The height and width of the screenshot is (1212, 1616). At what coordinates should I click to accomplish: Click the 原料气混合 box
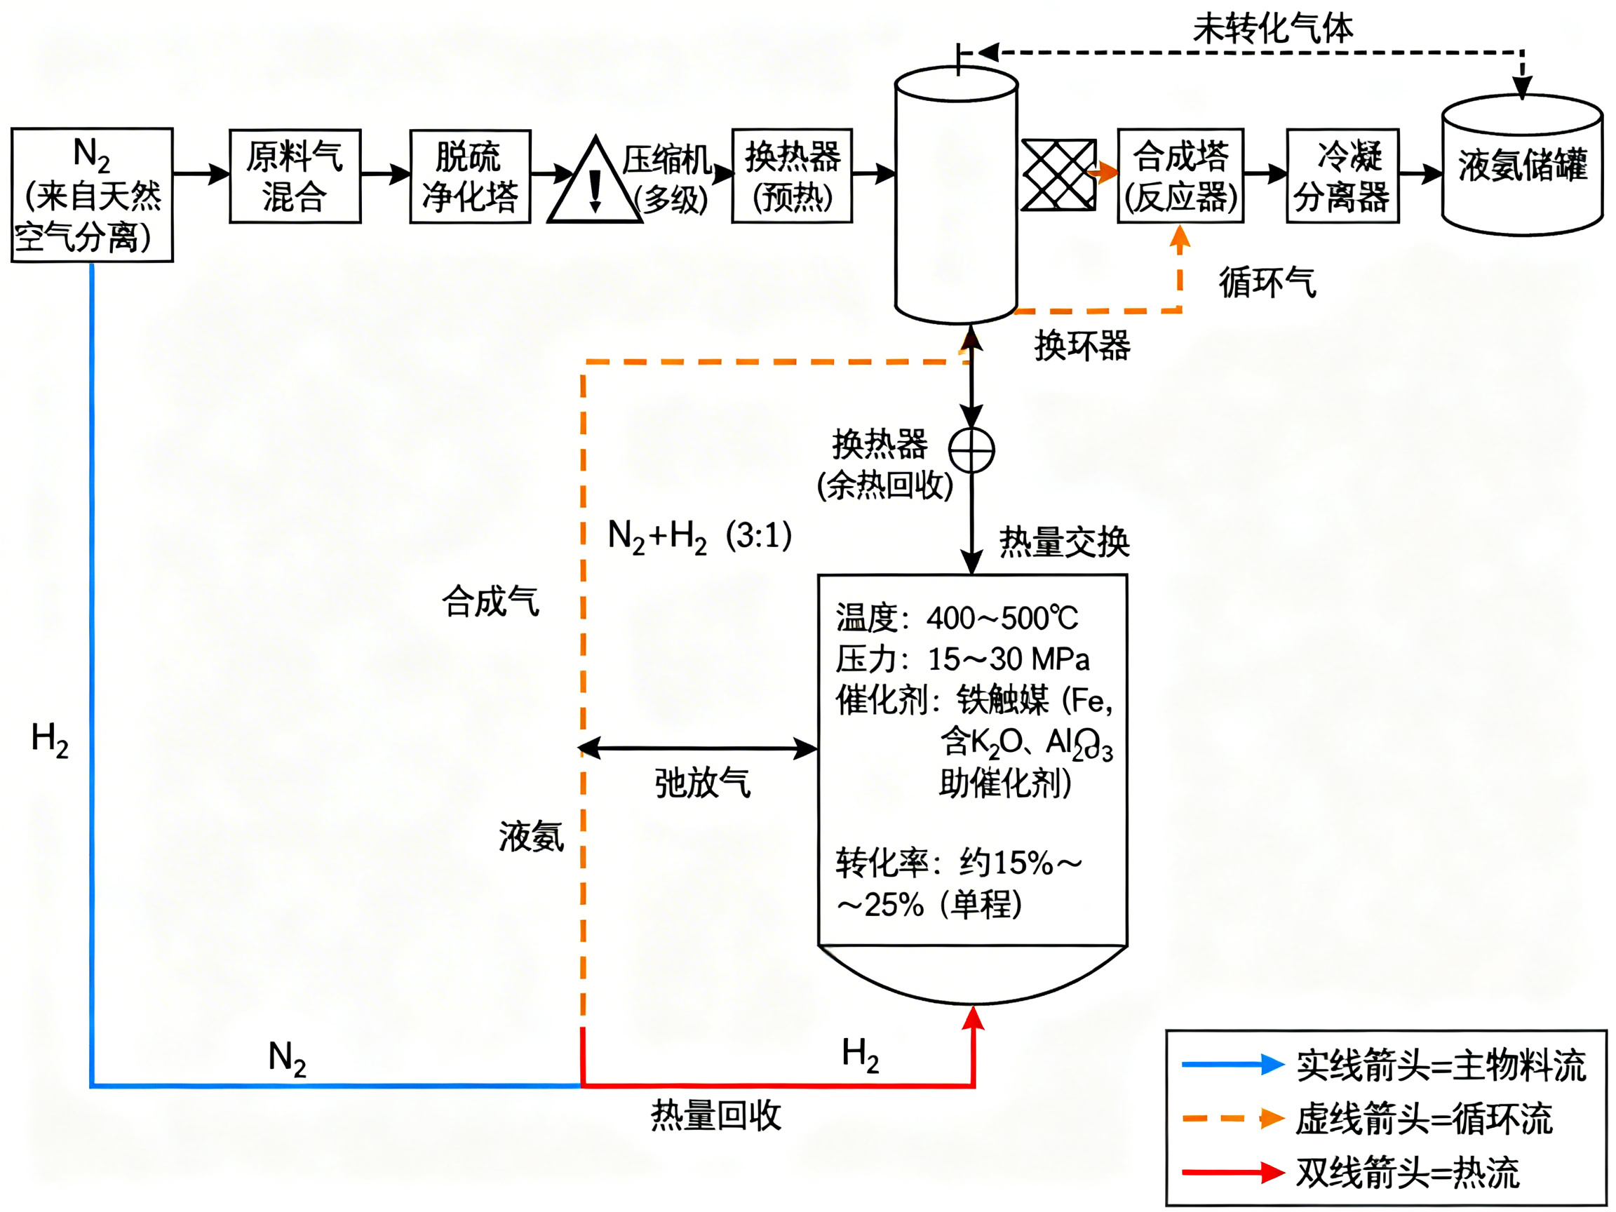pyautogui.click(x=295, y=176)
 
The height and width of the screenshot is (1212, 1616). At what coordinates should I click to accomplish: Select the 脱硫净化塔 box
pyautogui.click(x=470, y=176)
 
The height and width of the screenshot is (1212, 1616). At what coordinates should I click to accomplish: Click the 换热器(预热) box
pyautogui.click(x=792, y=175)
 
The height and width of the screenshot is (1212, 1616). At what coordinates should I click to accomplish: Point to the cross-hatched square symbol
pyautogui.click(x=1058, y=175)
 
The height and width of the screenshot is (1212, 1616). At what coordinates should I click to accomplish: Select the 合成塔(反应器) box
pyautogui.click(x=1180, y=175)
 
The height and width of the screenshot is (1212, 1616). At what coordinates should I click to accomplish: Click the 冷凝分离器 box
pyautogui.click(x=1342, y=175)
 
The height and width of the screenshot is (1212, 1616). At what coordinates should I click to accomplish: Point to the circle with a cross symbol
pyautogui.click(x=971, y=450)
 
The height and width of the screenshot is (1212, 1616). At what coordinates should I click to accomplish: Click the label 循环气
pyautogui.click(x=1267, y=282)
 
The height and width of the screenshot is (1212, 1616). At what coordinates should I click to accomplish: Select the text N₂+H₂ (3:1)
pyautogui.click(x=699, y=537)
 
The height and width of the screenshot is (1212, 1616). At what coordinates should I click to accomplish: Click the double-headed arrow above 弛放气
pyautogui.click(x=698, y=748)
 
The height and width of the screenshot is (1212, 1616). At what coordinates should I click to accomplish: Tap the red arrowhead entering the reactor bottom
pyautogui.click(x=973, y=1018)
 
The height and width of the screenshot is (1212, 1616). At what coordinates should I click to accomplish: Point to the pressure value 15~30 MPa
pyautogui.click(x=1008, y=660)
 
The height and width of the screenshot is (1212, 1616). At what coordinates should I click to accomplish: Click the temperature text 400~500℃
pyautogui.click(x=1002, y=619)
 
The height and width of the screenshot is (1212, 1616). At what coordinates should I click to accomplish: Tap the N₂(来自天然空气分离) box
pyautogui.click(x=92, y=195)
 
